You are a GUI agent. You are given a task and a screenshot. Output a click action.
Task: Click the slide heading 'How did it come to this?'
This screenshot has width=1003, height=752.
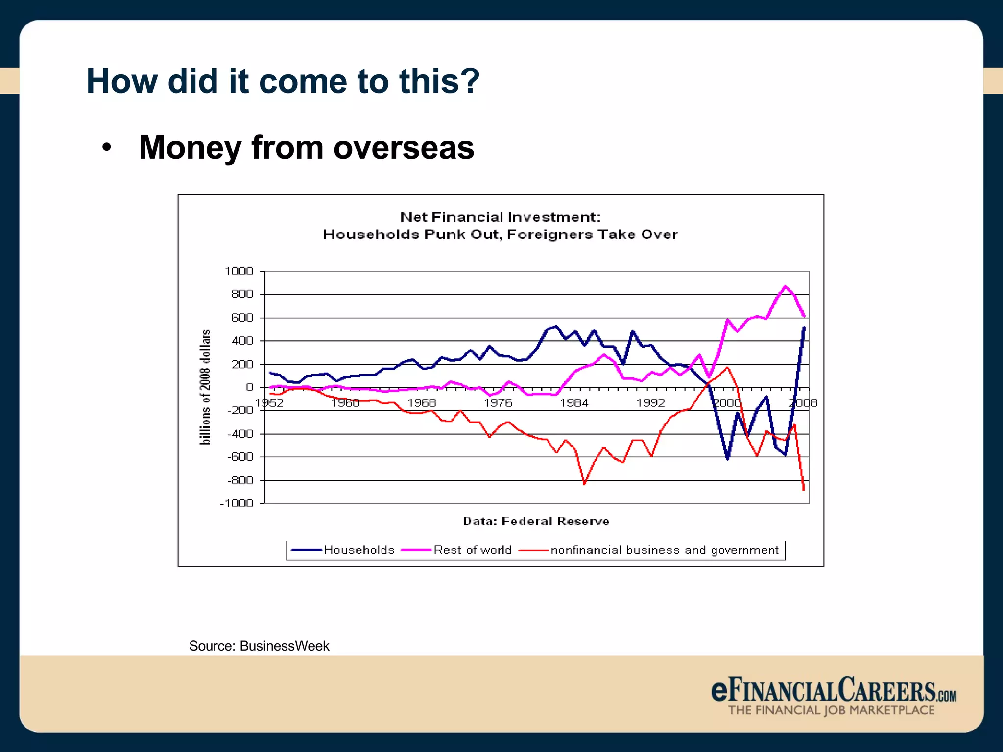[283, 81]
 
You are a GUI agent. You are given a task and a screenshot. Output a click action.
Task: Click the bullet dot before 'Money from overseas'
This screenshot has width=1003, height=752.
[107, 147]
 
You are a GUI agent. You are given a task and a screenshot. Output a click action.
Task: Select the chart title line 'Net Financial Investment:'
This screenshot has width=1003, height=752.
[500, 217]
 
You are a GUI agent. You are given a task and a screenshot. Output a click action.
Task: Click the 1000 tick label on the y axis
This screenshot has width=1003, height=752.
[239, 271]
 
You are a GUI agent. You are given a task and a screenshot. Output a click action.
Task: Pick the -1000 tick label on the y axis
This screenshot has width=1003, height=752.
[237, 503]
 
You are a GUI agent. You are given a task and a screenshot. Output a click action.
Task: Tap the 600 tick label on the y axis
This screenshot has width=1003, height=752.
[242, 318]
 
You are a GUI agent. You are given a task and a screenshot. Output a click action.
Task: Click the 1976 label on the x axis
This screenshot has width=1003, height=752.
[498, 403]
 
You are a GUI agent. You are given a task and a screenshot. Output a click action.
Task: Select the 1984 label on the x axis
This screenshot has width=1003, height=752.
[574, 403]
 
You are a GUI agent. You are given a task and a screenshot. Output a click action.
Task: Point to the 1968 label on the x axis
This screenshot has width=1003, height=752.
[422, 403]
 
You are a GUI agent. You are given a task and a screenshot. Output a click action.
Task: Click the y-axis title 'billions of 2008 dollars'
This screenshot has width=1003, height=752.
[205, 387]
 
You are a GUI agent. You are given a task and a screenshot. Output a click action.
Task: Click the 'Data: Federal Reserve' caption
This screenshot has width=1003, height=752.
[536, 521]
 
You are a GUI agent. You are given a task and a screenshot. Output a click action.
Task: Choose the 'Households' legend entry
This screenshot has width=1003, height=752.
[358, 550]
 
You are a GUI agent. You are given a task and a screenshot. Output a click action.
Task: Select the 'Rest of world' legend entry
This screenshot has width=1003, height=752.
[472, 550]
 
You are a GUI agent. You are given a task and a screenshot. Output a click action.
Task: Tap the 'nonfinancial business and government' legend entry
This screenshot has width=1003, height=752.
[664, 550]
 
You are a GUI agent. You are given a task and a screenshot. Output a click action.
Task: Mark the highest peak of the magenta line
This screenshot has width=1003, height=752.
[785, 286]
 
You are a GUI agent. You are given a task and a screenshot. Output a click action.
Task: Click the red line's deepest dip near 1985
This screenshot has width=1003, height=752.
[584, 484]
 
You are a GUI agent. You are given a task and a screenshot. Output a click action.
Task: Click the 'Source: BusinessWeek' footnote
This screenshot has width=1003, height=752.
[259, 646]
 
